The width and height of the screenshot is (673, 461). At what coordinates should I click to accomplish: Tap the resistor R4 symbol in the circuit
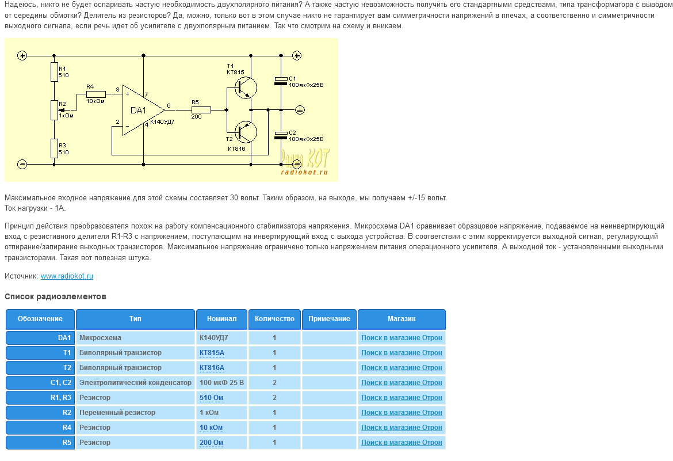coord(96,94)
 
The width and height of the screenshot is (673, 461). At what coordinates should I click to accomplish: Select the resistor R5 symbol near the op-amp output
coord(201,109)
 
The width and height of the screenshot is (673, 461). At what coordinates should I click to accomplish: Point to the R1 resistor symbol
coord(54,72)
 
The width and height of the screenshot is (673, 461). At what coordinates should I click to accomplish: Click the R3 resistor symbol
coord(54,148)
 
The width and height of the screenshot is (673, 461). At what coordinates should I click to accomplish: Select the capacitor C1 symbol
coord(281,81)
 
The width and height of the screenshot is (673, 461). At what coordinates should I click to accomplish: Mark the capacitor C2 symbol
coord(281,135)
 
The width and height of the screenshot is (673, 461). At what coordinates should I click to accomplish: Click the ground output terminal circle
coord(300,109)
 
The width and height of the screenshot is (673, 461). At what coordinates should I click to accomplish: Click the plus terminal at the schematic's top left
coord(22,56)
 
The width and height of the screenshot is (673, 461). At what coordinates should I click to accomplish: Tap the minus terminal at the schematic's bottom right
coord(297,164)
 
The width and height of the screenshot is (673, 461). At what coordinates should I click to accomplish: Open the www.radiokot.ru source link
coord(67,276)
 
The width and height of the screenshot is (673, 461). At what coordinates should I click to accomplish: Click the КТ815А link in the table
coord(212,353)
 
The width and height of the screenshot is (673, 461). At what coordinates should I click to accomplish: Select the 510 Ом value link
coord(211,398)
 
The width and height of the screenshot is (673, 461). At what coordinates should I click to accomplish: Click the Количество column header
coord(274,319)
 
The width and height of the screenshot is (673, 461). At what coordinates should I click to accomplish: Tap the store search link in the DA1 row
coord(401,338)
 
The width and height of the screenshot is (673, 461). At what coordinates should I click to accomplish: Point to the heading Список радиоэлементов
coord(55,297)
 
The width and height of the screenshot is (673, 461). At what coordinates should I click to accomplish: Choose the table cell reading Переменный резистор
coord(117,413)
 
